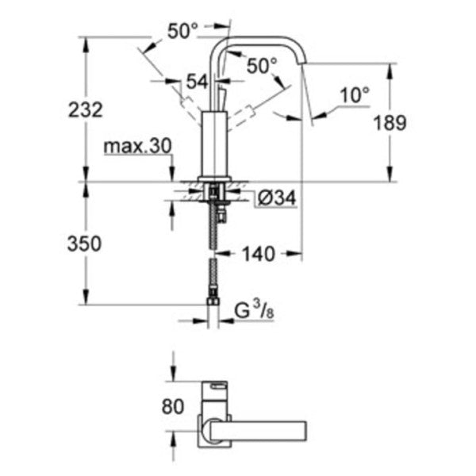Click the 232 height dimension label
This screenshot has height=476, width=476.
point(86,110)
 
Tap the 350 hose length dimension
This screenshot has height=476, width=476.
point(86,244)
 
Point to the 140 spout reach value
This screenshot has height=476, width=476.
point(259,255)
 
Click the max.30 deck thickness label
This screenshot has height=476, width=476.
point(136,146)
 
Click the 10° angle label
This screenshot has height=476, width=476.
point(355,95)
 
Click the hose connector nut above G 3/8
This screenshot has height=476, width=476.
point(214,302)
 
